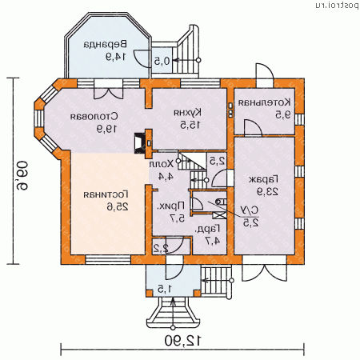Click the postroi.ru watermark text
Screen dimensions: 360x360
click(330, 6)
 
